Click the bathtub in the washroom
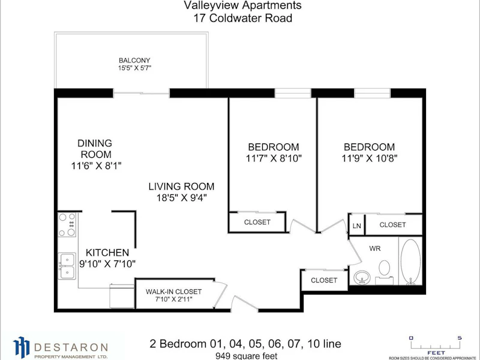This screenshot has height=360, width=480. [410, 262]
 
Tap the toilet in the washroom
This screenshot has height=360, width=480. [384, 272]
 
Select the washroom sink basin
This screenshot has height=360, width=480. [362, 278]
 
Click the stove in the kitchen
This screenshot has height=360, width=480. [67, 224]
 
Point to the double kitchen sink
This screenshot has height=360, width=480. [67, 266]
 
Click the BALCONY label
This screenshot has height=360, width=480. [134, 61]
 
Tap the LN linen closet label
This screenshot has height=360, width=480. [356, 226]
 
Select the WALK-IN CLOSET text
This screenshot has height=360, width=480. [173, 292]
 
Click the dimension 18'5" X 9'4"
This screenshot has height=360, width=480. [182, 198]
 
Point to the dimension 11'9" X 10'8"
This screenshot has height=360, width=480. [369, 158]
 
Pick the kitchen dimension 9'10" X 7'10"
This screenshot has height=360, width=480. [107, 263]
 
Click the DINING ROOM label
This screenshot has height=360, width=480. [95, 149]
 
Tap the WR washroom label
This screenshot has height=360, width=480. [375, 248]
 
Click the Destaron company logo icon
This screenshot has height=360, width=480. [21, 347]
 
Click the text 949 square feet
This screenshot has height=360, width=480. [247, 356]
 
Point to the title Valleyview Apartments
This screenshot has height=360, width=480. [242, 5]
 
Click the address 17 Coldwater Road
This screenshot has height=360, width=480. [242, 18]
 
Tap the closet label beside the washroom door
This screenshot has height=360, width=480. [324, 280]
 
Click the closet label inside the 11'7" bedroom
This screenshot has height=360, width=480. [257, 222]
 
